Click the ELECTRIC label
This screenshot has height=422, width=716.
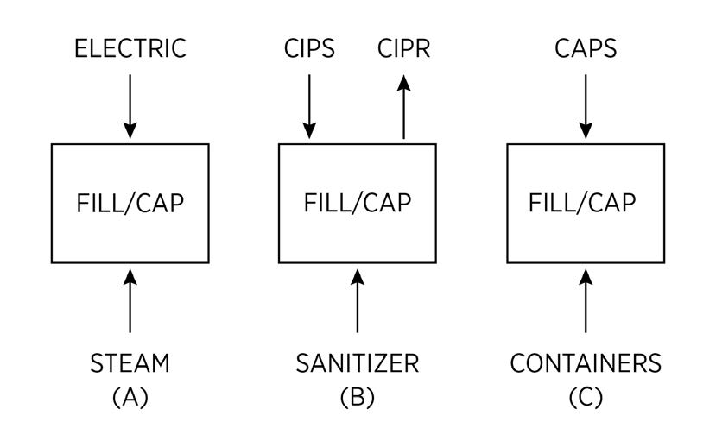click(x=130, y=48)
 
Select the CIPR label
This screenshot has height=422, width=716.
click(x=403, y=48)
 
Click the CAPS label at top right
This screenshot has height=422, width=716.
click(x=586, y=48)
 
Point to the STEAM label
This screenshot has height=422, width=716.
click(x=130, y=363)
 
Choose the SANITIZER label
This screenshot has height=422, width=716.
click(x=357, y=363)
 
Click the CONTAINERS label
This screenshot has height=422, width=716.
click(x=586, y=363)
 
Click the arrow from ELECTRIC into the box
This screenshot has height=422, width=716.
click(x=130, y=105)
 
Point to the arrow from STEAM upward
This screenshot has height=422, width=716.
click(x=130, y=300)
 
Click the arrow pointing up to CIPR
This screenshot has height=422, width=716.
click(x=403, y=105)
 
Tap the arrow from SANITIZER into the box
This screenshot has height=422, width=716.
click(x=357, y=300)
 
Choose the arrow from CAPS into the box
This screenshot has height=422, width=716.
click(x=586, y=105)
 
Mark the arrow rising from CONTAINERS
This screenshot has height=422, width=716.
click(x=586, y=300)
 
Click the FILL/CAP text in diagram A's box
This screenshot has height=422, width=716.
click(x=130, y=204)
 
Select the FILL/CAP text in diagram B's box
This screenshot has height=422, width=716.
click(x=357, y=204)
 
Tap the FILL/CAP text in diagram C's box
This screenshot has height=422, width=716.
click(x=586, y=204)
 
